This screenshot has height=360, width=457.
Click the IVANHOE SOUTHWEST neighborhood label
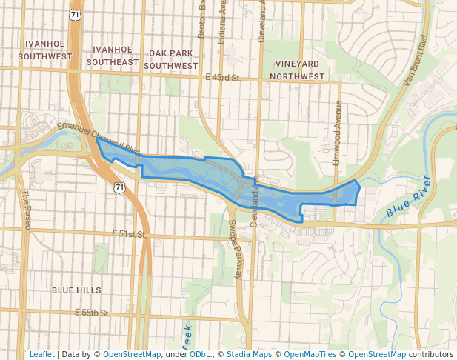tap(44, 50)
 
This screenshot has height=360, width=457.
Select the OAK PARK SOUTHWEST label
tap(171, 59)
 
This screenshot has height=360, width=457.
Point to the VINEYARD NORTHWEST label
tap(298, 70)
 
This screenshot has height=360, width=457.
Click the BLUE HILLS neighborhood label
tap(76, 290)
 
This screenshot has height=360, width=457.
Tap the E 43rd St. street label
tap(223, 77)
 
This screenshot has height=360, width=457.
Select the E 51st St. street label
tap(130, 234)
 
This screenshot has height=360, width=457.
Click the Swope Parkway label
tap(235, 249)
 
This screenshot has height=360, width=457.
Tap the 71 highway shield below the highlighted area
tap(119, 188)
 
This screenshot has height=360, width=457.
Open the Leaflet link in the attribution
tap(41, 354)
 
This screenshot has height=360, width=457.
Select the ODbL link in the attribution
tap(200, 354)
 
